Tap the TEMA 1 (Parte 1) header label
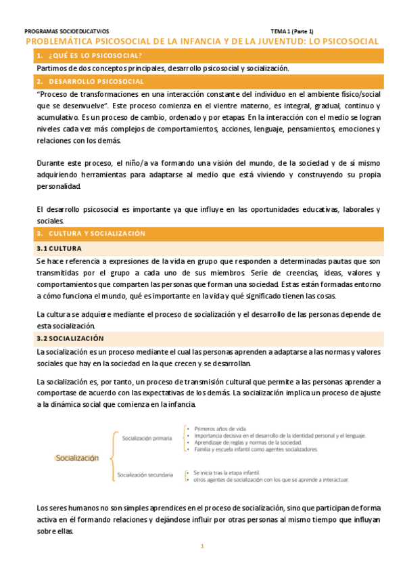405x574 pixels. [297, 31]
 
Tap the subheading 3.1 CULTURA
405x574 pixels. [59, 248]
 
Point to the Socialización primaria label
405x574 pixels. [146, 439]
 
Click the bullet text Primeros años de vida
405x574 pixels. [220, 428]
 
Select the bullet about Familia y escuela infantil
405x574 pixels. [255, 449]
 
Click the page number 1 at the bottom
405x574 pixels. [201, 546]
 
